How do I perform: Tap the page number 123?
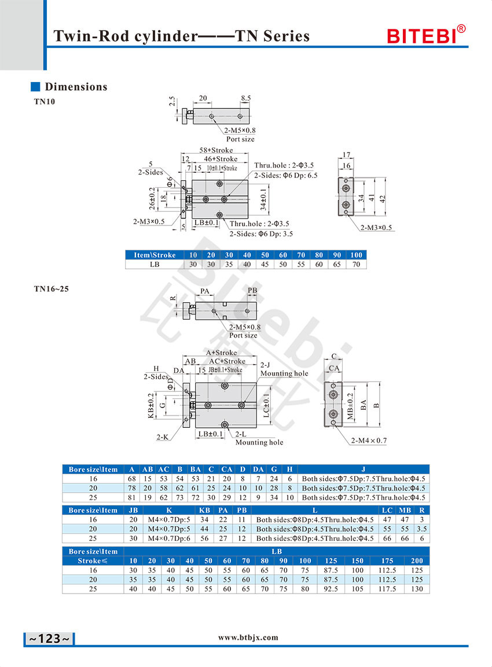pyautogui.click(x=49, y=639)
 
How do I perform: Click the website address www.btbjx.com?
pyautogui.click(x=248, y=637)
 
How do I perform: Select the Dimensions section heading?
pyautogui.click(x=76, y=87)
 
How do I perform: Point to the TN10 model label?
pyautogui.click(x=45, y=102)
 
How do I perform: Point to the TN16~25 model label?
pyautogui.click(x=51, y=289)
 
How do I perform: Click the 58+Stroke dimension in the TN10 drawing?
pyautogui.click(x=216, y=150)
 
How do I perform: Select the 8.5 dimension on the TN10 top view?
pyautogui.click(x=246, y=98)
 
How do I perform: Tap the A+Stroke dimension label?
pyautogui.click(x=221, y=353)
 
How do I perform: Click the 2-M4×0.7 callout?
pyautogui.click(x=369, y=440)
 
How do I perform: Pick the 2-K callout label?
pyautogui.click(x=162, y=437)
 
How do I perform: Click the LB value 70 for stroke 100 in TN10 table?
pyautogui.click(x=356, y=264)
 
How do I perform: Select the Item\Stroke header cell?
pyautogui.click(x=155, y=255)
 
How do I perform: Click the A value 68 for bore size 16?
pyautogui.click(x=132, y=479)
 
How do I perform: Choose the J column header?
pyautogui.click(x=364, y=469)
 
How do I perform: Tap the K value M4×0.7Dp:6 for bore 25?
pyautogui.click(x=169, y=538)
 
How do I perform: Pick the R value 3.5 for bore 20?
pyautogui.click(x=422, y=529)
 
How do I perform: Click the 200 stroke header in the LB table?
pyautogui.click(x=417, y=561)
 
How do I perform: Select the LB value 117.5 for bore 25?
pyautogui.click(x=387, y=589)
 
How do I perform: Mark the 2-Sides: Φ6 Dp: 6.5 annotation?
pyautogui.click(x=286, y=175)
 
